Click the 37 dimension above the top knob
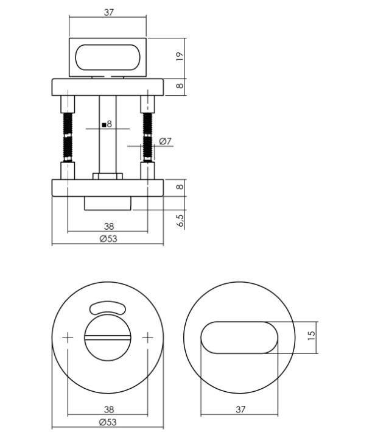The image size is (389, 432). [108, 12]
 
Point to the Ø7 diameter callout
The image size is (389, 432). [165, 141]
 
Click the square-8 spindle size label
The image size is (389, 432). [107, 124]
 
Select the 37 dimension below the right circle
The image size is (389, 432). [240, 410]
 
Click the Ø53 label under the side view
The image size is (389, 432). [108, 239]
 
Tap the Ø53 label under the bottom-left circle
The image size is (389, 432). [108, 422]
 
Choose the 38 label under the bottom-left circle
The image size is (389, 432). [108, 410]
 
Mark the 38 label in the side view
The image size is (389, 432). [109, 227]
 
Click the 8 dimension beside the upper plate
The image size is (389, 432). [180, 86]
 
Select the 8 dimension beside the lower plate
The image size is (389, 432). [180, 187]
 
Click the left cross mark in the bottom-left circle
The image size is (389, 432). [68, 337]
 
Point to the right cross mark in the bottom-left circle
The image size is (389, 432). [148, 337]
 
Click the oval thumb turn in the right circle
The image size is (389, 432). [239, 337]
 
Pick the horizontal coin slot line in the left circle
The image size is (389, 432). [108, 337]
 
